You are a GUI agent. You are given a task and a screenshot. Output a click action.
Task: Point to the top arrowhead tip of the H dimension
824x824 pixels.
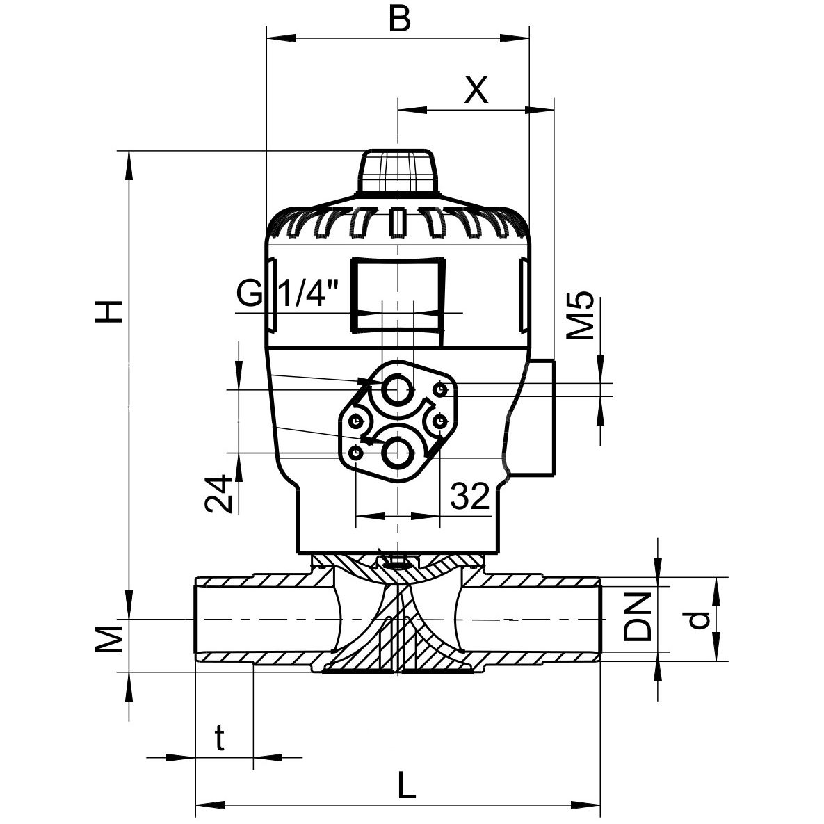[128, 152]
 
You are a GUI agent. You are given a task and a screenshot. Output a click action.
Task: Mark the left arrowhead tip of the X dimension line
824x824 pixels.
[398, 111]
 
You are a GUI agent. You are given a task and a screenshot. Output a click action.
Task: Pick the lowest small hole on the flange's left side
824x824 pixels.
[356, 452]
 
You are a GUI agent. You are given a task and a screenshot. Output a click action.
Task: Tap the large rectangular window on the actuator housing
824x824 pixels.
[398, 294]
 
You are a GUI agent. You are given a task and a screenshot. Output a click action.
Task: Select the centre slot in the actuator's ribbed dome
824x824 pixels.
[397, 222]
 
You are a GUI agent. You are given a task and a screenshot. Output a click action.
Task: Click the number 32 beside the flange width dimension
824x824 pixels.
[470, 496]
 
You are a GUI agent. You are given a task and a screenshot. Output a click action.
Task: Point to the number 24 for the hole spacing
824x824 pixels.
[218, 493]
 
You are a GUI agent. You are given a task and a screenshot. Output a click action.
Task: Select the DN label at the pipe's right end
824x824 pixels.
[638, 617]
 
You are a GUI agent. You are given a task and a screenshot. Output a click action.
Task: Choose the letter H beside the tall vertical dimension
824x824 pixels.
[108, 312]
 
